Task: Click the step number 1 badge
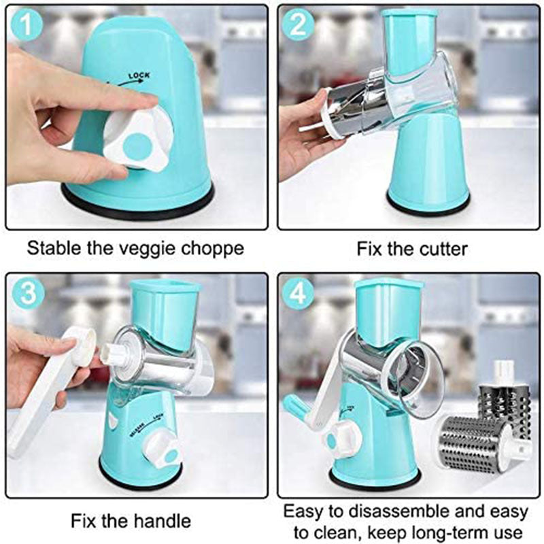pyautogui.click(x=26, y=25)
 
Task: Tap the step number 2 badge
pyautogui.click(x=297, y=25)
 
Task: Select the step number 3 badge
pyautogui.click(x=26, y=292)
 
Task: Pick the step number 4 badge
pyautogui.click(x=297, y=292)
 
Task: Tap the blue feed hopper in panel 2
pyautogui.click(x=409, y=41)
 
